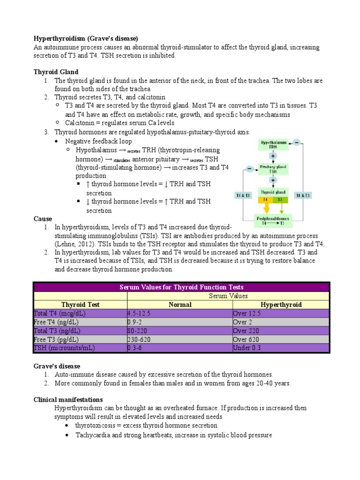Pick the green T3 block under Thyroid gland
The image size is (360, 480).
pos(280,199)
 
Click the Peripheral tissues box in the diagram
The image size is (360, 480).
pos(272,221)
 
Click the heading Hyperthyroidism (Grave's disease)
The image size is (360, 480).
pos(86,38)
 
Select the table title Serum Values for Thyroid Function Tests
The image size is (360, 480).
pos(181,287)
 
